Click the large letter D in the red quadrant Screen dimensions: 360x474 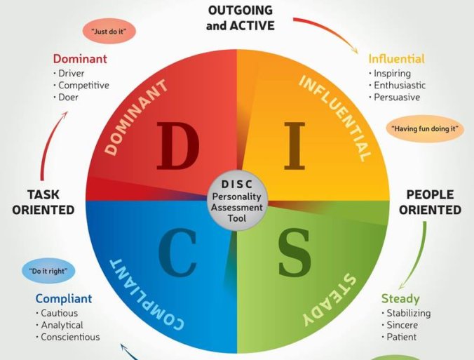[x=177, y=146]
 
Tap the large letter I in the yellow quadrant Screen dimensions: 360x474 [x=295, y=146]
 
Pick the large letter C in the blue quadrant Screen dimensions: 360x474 [x=178, y=253]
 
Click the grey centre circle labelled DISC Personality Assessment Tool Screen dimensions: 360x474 [x=237, y=202]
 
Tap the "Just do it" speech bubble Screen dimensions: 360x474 [x=109, y=32]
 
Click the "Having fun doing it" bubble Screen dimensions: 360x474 [x=425, y=128]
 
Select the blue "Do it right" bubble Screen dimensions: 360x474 [x=48, y=271]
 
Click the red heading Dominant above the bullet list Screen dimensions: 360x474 [x=79, y=59]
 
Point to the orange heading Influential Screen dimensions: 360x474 [x=397, y=59]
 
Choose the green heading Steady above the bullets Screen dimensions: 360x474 [x=400, y=299]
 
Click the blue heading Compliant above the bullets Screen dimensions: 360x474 [x=64, y=299]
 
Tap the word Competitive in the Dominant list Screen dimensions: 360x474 [x=83, y=86]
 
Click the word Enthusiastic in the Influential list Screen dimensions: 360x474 [x=400, y=86]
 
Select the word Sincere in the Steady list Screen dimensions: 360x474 [x=402, y=325]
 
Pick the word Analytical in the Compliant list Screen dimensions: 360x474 [x=62, y=325]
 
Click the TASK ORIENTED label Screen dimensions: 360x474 [x=43, y=202]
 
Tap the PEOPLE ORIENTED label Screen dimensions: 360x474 [x=430, y=202]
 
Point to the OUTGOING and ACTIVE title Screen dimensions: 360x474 [x=241, y=18]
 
